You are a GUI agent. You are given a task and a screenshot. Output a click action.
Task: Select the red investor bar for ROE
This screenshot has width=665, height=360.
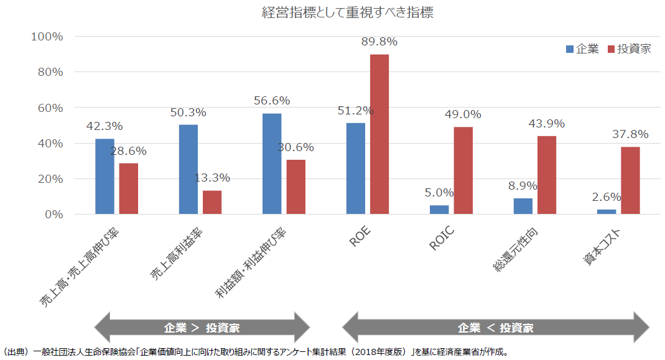(x=379, y=134)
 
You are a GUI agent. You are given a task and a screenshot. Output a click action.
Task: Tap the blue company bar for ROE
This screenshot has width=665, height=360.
(x=355, y=168)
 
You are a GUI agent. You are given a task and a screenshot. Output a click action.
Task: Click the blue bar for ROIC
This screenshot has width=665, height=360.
(x=439, y=210)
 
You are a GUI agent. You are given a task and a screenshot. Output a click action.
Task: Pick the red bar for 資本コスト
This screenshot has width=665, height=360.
(x=630, y=180)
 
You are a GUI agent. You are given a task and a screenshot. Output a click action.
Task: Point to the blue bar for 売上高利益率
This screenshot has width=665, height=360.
(x=188, y=169)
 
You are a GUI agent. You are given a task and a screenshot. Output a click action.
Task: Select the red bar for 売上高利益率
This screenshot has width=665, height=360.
(x=212, y=202)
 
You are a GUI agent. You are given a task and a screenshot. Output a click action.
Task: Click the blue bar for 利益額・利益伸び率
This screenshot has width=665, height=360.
(x=272, y=164)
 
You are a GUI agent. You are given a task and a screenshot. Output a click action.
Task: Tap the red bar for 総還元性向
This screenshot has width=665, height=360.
(x=547, y=175)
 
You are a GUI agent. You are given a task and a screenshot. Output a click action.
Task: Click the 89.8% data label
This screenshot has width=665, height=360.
(x=379, y=42)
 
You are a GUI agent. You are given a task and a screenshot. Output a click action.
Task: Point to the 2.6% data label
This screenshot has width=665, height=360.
(x=607, y=197)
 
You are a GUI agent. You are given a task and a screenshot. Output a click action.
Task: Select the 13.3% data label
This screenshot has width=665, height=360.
(x=212, y=178)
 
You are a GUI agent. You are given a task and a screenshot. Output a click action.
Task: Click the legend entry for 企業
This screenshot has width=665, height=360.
(x=582, y=49)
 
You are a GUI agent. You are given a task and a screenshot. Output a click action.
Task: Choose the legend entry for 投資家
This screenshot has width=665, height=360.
(x=629, y=49)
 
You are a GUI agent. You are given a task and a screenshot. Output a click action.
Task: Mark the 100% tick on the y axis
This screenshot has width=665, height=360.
(x=47, y=37)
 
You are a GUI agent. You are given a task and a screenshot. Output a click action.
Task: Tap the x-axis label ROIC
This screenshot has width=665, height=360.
(x=442, y=238)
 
